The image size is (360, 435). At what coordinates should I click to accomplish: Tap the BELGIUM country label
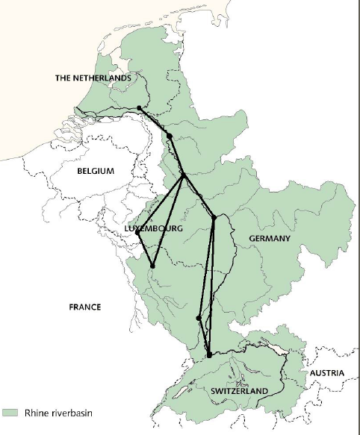click(x=95, y=171)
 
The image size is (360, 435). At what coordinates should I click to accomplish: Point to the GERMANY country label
click(x=264, y=238)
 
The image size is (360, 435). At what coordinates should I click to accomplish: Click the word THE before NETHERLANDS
click(x=63, y=78)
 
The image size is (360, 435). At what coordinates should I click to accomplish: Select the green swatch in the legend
click(x=10, y=412)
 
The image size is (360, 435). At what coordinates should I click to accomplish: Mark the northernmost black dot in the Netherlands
click(x=140, y=108)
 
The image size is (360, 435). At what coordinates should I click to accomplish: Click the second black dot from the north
click(x=170, y=136)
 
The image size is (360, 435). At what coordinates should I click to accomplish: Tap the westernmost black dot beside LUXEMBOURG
click(x=138, y=233)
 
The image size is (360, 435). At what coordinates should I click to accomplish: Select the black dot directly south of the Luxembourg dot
click(x=152, y=266)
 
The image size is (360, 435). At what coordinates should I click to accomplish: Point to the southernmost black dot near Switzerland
click(x=210, y=354)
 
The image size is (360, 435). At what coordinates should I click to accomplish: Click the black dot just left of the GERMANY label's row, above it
click(x=214, y=218)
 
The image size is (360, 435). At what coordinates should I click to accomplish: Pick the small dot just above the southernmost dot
click(x=198, y=318)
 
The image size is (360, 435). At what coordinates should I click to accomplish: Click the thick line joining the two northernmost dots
click(x=155, y=122)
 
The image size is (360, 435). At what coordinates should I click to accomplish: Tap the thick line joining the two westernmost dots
click(x=145, y=249)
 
